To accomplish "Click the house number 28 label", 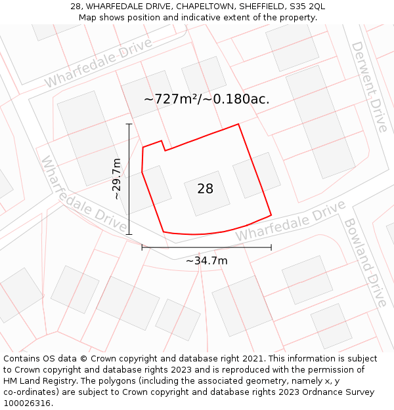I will point(205,189).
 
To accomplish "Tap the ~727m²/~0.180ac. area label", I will point(206,100).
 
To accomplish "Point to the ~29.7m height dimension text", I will point(117,178).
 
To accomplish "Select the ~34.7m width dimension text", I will point(206,261).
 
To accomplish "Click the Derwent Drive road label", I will point(369,86).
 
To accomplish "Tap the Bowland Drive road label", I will point(365,262).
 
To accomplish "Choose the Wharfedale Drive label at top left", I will point(98,63).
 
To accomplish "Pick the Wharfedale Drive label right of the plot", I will point(290,221).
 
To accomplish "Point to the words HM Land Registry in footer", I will point(34,381).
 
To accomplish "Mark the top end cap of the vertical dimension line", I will point(129,123).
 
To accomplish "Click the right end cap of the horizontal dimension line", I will point(271,247).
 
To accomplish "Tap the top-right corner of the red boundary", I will point(238,124).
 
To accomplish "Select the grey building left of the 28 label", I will point(144,189).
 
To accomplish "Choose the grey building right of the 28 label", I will point(256,175).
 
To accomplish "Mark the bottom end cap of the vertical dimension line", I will point(129,234).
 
